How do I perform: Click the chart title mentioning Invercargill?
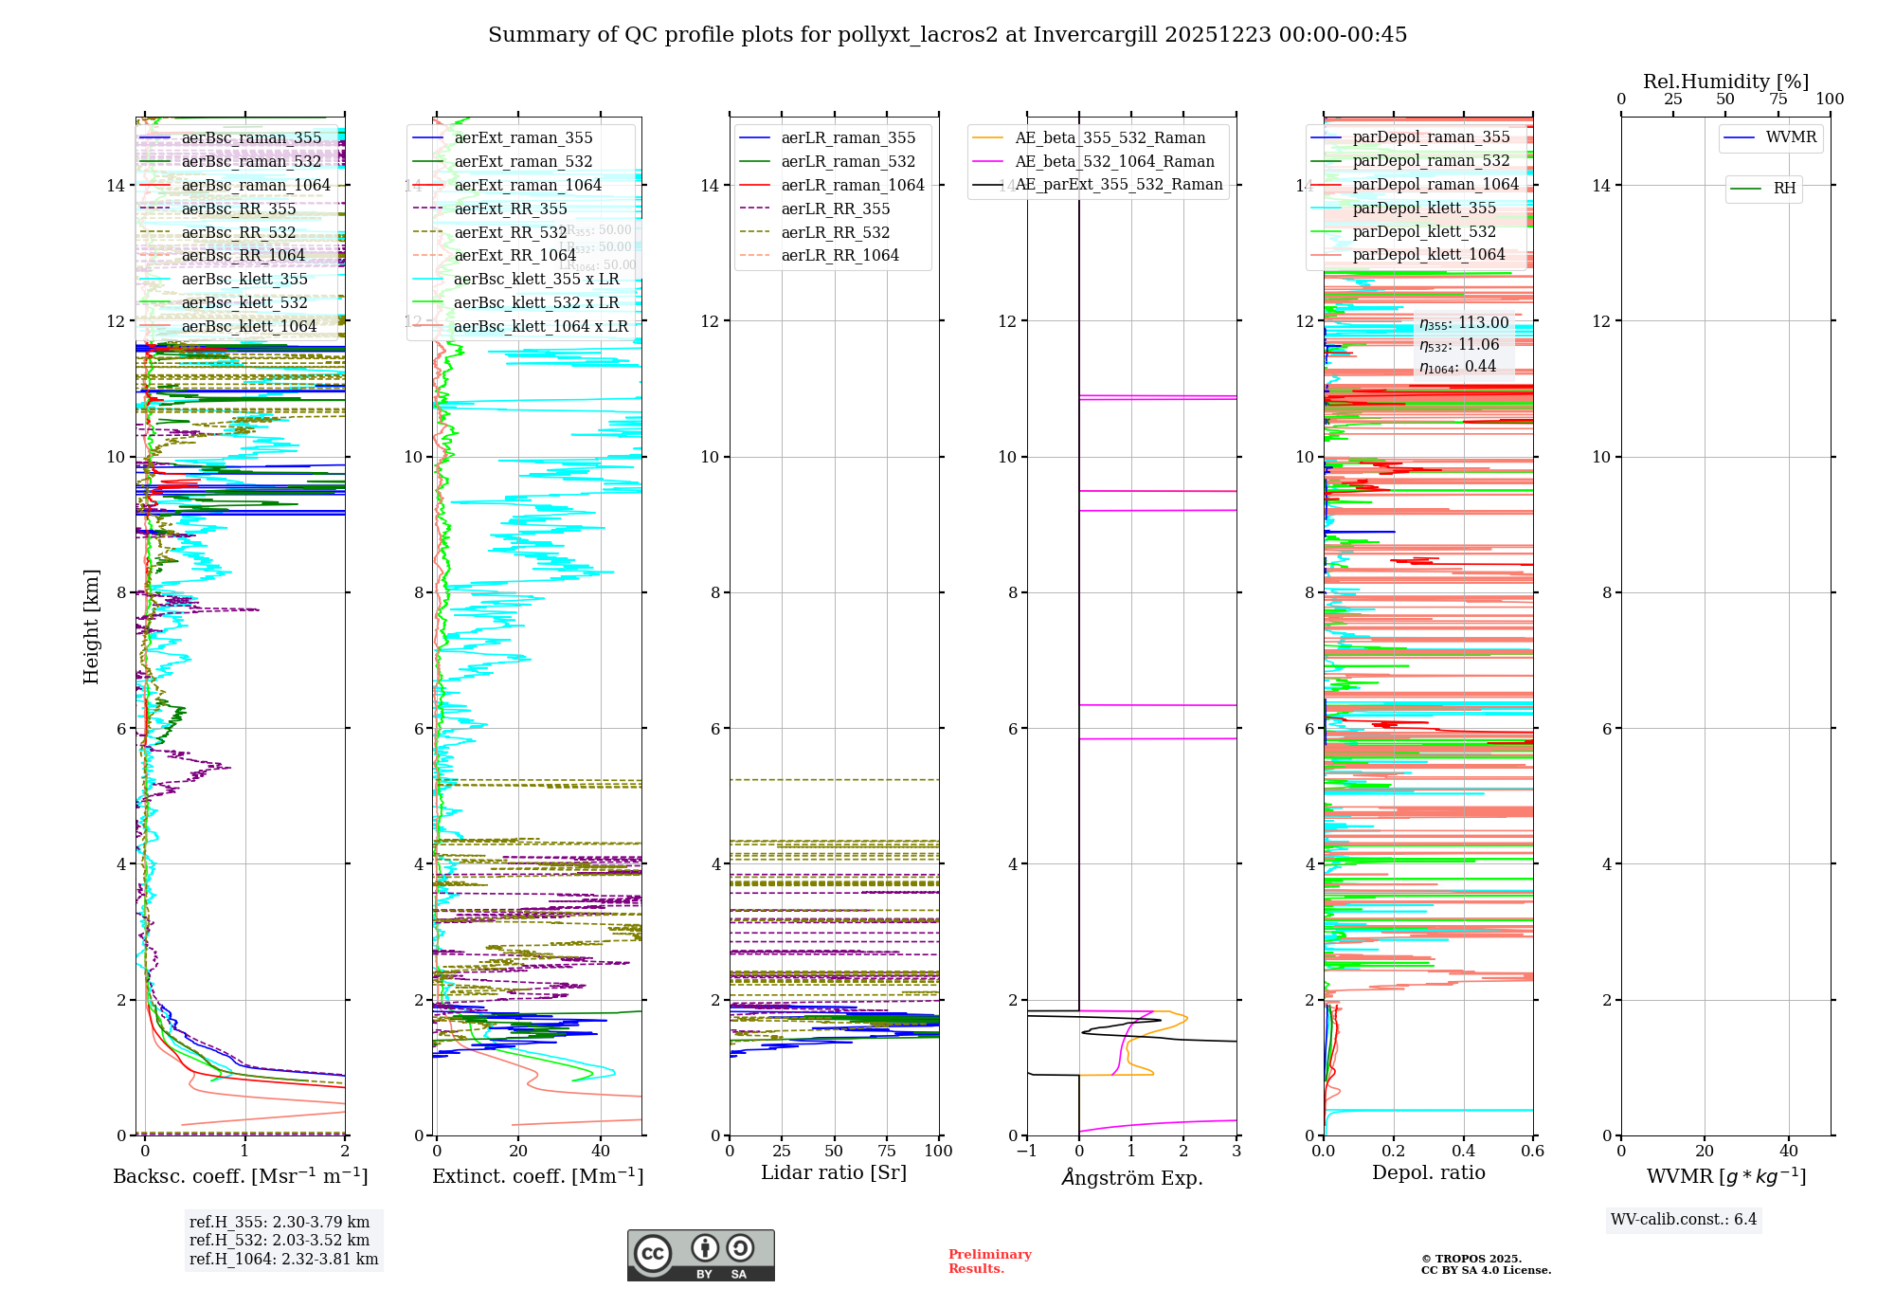point(947,35)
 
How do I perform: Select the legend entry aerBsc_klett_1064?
point(248,327)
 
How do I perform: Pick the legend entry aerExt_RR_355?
point(511,209)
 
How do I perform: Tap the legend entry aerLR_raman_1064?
point(853,185)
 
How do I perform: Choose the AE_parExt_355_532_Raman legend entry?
point(1118,185)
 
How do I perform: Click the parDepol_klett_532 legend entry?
point(1424,231)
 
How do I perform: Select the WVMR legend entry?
point(1791,137)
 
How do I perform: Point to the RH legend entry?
point(1784,189)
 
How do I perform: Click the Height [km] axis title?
point(91,626)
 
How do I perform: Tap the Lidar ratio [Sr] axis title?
point(834,1173)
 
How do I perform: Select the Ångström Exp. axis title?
point(1131,1178)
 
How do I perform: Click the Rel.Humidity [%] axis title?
point(1725,82)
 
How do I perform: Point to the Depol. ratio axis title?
point(1428,1173)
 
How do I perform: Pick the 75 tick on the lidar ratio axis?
point(887,1152)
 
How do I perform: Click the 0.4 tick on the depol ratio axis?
point(1463,1152)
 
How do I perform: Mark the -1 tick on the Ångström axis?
point(1025,1152)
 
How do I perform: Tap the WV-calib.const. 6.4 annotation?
point(1683,1220)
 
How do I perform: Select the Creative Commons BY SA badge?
point(700,1256)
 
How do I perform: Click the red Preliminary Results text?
point(989,1262)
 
